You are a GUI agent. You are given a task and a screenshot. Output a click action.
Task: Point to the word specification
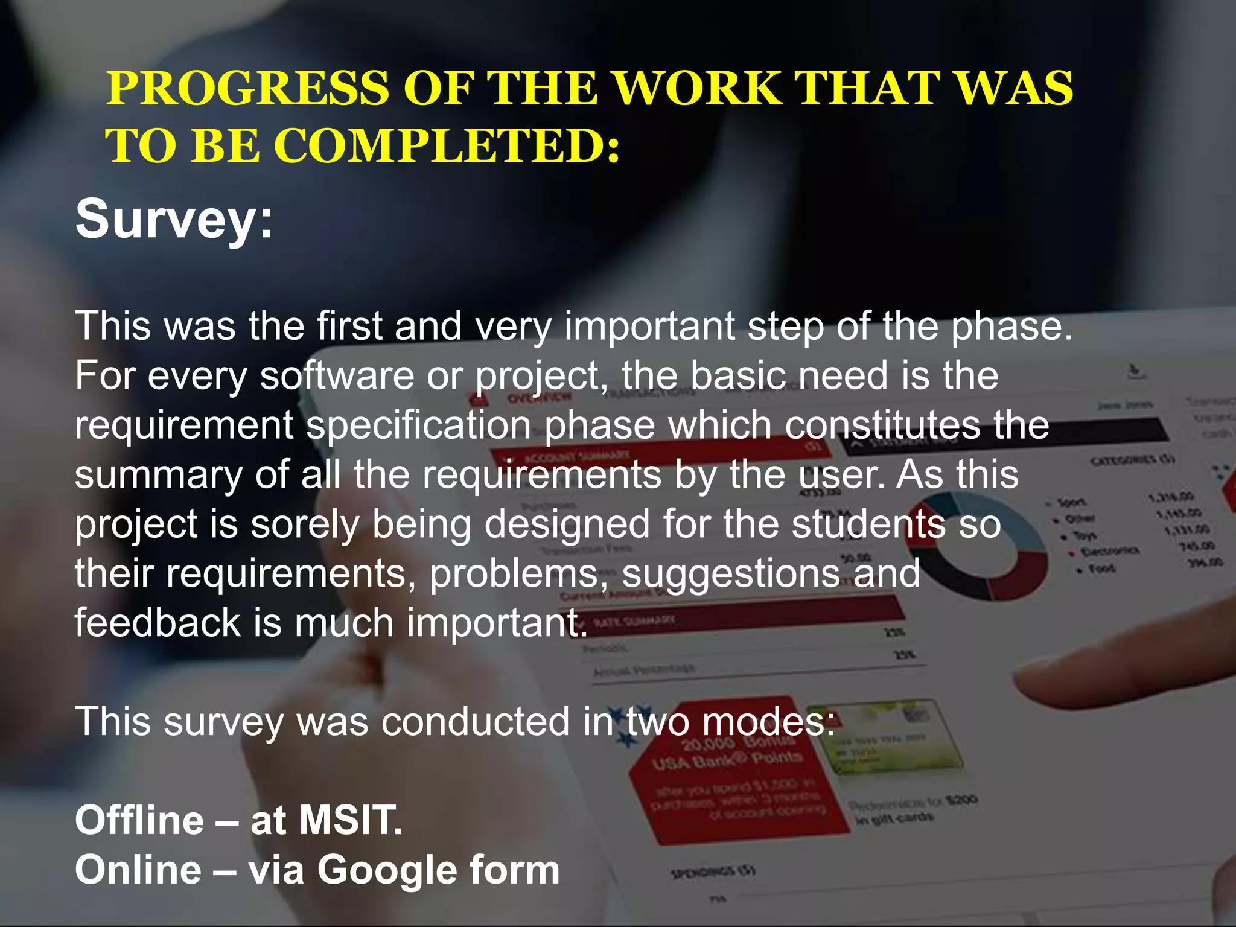[418, 425]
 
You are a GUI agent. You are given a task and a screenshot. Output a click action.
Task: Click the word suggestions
[730, 573]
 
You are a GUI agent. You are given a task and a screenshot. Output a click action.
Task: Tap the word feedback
[158, 623]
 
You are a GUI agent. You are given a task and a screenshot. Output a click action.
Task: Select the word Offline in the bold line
[139, 820]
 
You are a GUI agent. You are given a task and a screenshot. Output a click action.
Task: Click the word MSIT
[351, 820]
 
